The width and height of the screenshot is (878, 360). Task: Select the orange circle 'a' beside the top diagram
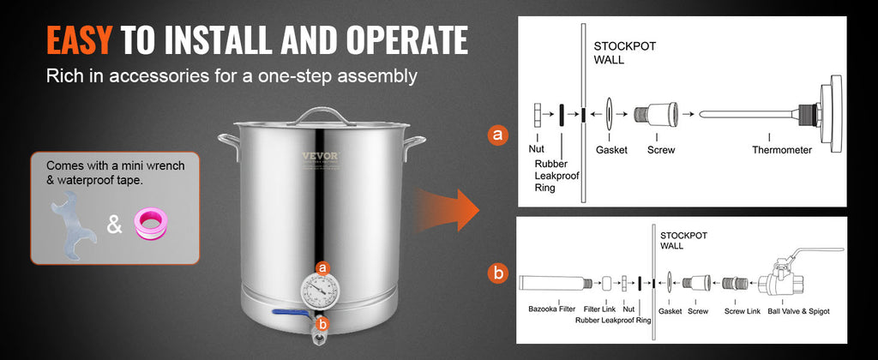pos(496,135)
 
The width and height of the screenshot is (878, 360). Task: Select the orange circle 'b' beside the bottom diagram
pos(496,274)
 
